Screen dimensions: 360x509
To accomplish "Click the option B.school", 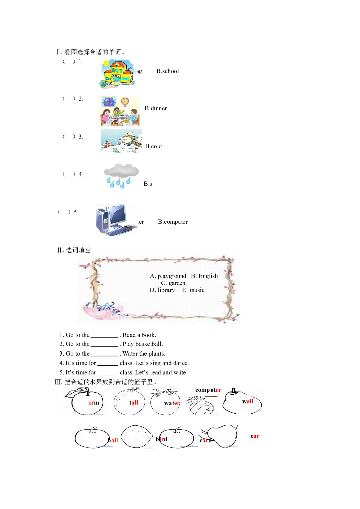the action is tap(167, 71).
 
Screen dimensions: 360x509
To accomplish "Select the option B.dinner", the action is tap(156, 108).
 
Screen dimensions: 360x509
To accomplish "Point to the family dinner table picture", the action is tap(120, 111).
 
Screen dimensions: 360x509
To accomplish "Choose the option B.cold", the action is tap(153, 146).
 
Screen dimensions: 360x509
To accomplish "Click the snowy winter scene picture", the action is tap(121, 141).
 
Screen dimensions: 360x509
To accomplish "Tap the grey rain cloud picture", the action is tap(121, 176).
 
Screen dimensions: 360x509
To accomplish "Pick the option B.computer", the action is tap(173, 222).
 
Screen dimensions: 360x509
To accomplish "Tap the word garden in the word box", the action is tap(177, 283).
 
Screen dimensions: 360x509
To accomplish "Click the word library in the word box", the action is tap(166, 290).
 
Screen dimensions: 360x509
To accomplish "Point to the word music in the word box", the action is tap(197, 290).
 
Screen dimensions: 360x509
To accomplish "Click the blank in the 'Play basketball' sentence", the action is tap(104, 344).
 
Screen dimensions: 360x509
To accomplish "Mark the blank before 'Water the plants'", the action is tap(104, 354).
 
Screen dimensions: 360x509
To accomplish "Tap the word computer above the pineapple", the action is tap(208, 390).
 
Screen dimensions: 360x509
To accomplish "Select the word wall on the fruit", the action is tap(248, 401).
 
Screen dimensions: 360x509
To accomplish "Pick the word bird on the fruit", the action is tap(161, 439).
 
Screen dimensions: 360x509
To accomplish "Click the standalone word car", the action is tap(255, 436).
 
